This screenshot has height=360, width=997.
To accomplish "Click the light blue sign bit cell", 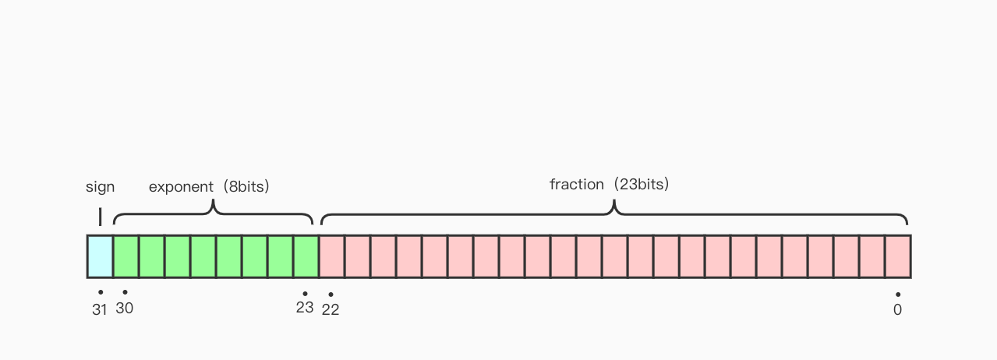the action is click(x=100, y=257).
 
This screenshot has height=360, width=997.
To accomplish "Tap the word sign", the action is click(x=100, y=187).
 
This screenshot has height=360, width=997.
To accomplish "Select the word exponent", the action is click(x=181, y=187).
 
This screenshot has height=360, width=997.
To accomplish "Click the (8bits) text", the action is click(x=246, y=186).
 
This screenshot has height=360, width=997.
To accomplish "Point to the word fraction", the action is click(x=576, y=184).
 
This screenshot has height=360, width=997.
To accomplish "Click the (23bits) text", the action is click(x=641, y=184).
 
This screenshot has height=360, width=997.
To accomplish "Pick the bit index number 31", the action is click(x=99, y=309).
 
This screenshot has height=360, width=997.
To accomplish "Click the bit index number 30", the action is click(x=124, y=308).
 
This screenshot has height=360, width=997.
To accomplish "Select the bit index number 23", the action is click(x=305, y=308).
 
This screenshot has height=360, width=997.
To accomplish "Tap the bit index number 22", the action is click(x=331, y=309).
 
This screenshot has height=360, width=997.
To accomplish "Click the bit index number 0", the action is click(x=897, y=309).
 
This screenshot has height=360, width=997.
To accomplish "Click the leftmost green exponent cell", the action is click(x=126, y=257).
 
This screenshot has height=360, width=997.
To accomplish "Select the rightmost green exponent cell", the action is click(x=306, y=257).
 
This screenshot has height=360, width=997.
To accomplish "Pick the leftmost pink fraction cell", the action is click(x=332, y=257).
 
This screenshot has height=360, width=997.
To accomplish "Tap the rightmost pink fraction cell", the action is click(x=898, y=257).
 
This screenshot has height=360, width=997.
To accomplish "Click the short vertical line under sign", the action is click(x=100, y=217).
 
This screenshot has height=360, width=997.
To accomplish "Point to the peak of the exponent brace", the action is click(x=214, y=200).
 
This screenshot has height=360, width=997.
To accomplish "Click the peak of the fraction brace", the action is click(x=614, y=201).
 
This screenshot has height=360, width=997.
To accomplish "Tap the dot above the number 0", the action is click(x=898, y=295).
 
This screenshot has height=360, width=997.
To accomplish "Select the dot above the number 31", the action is click(x=101, y=292).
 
